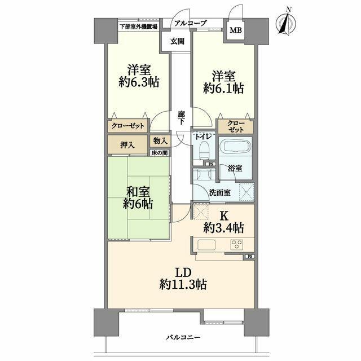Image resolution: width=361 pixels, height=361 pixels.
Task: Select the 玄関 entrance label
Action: pyautogui.click(x=177, y=42)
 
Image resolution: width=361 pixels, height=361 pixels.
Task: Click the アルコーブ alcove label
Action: pyautogui.click(x=190, y=23)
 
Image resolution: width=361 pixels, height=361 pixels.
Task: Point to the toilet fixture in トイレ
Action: pyautogui.click(x=204, y=150)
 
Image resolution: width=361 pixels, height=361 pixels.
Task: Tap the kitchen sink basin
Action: pyautogui.click(x=206, y=245)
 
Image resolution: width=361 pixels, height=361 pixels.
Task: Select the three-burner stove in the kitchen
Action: pyautogui.click(x=237, y=245)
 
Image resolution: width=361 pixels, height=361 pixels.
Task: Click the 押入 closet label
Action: pyautogui.click(x=127, y=146)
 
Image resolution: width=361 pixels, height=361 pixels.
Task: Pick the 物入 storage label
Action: pyautogui.click(x=160, y=140)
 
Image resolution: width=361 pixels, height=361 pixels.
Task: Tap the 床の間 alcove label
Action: pyautogui.click(x=160, y=153)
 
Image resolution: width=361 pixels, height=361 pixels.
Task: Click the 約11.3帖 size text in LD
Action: pyautogui.click(x=183, y=284)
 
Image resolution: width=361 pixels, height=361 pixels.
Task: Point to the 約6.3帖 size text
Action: pyautogui.click(x=139, y=82)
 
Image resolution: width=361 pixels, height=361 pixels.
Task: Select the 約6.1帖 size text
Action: pyautogui.click(x=223, y=88)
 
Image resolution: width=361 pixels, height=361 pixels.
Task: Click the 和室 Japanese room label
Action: pyautogui.click(x=138, y=192)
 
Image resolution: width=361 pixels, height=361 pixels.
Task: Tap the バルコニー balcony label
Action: pyautogui.click(x=183, y=337)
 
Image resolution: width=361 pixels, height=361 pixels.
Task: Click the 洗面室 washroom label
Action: pyautogui.click(x=220, y=192)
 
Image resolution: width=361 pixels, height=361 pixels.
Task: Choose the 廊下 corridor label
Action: pyautogui.click(x=181, y=118)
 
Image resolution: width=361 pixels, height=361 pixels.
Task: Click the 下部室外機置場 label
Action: pyautogui.click(x=138, y=27)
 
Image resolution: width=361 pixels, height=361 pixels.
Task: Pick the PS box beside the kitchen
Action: pyautogui.click(x=250, y=256)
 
